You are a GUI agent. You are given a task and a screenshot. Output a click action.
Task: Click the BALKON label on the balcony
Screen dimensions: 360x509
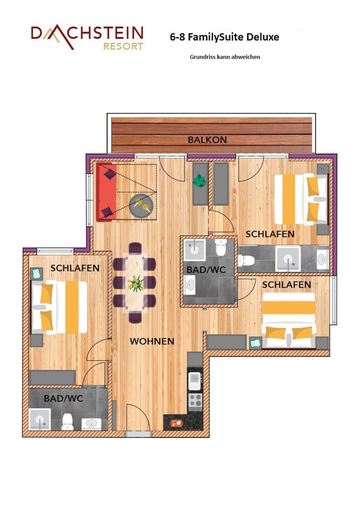pos(207,140)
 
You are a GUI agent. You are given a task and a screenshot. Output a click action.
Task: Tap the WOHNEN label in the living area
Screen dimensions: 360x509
pos(152,341)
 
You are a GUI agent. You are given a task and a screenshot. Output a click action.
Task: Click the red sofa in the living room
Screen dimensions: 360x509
pos(106,192)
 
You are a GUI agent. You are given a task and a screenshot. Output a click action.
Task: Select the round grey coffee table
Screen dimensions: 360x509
pos(141,205)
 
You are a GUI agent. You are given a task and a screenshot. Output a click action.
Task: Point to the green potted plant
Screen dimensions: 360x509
pos(199,181)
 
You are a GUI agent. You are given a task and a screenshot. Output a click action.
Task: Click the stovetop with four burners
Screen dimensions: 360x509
pos(195,400)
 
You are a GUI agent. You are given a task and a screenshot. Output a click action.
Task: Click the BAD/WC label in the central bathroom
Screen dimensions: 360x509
pos(206,270)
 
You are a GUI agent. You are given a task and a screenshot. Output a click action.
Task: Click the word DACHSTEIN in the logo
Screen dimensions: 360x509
pos(87,34)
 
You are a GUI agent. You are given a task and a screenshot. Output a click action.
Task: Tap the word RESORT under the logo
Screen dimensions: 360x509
pos(123,46)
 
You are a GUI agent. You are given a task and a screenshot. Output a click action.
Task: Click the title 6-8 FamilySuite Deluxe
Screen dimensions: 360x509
pos(224,37)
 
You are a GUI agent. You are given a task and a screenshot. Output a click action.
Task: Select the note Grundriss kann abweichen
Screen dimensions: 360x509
pos(225,57)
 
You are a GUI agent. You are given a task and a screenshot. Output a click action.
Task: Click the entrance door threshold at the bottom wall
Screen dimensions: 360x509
pos(138,434)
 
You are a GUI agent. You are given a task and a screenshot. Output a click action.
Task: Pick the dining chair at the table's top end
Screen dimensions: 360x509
pos(135,248)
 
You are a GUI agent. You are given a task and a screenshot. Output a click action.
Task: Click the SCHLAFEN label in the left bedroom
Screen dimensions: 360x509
pos(75,268)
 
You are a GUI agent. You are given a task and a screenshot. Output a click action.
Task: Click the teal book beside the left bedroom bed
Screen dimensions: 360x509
pos(36,273)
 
